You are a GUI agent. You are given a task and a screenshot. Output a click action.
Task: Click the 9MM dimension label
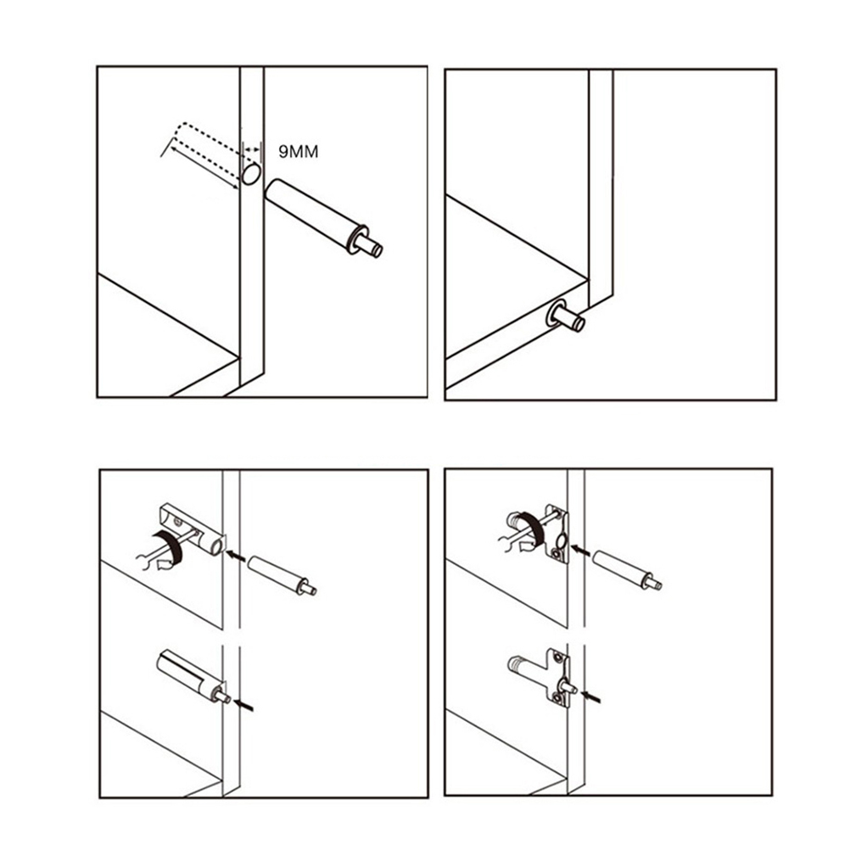click(x=298, y=152)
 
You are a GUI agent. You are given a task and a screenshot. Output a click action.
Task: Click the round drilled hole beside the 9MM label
click(x=252, y=175)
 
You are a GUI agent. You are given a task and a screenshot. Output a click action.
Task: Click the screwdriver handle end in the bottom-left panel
click(x=142, y=562)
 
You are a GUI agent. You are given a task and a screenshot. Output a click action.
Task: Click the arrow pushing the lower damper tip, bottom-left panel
click(x=244, y=705)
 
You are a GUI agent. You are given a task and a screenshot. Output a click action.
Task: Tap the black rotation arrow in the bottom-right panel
click(x=531, y=529)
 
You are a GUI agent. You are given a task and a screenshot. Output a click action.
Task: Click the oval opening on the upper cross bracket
click(x=561, y=539)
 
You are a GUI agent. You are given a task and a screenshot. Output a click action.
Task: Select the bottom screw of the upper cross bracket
click(x=556, y=554)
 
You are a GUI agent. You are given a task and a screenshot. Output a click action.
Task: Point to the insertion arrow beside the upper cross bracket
click(x=580, y=551)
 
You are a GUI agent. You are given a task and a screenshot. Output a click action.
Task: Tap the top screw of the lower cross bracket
click(x=556, y=657)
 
